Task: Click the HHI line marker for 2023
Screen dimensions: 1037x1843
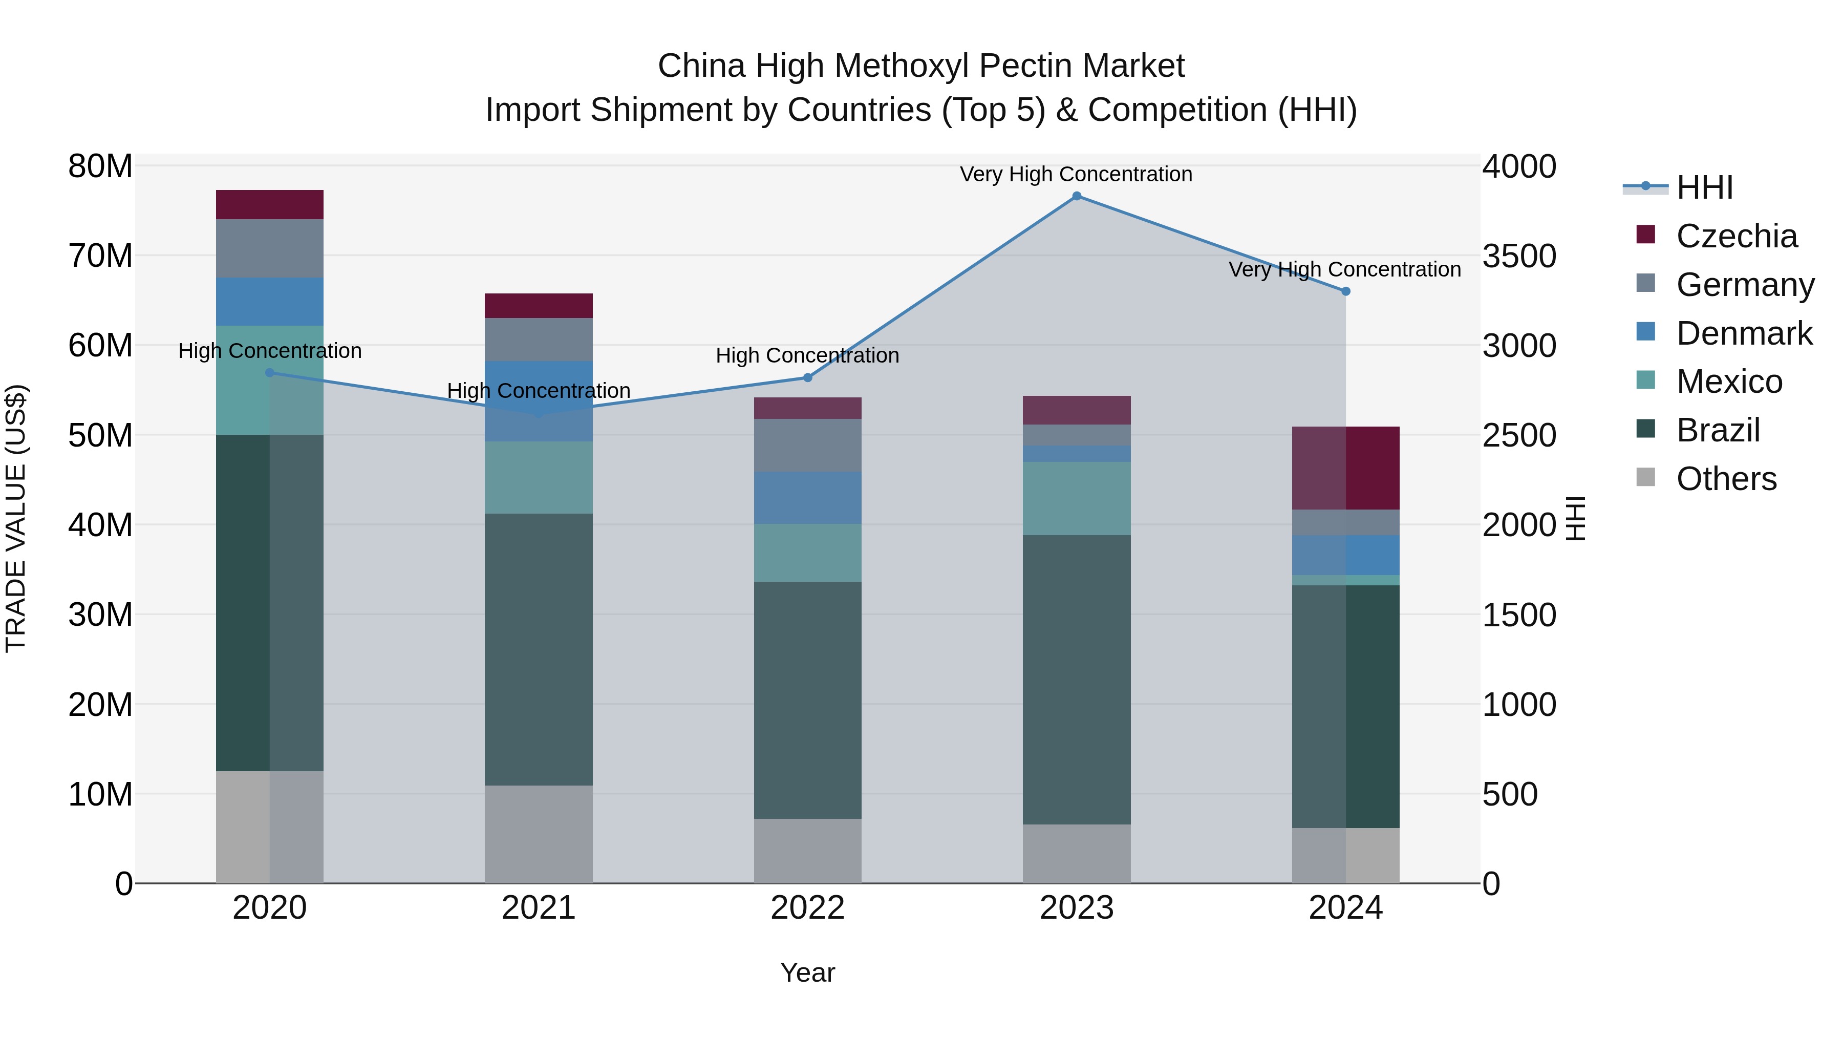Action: click(1077, 196)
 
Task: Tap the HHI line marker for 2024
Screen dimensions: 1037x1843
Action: click(1346, 291)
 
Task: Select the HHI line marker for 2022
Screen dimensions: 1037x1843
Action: click(808, 378)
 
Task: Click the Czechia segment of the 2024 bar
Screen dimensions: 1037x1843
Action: click(1346, 468)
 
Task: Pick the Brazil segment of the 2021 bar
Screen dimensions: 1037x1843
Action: click(539, 649)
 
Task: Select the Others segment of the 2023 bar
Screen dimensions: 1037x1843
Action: click(1077, 853)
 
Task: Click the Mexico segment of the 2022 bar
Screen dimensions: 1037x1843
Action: click(808, 553)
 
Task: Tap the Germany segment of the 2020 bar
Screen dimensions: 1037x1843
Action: click(270, 248)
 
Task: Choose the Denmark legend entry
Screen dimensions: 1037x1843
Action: click(1744, 333)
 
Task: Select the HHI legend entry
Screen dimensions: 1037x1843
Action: click(1704, 188)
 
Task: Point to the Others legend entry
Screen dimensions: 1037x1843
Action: click(1726, 479)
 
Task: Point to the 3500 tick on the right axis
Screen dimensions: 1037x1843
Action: click(1519, 256)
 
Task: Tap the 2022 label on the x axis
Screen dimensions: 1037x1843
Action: click(808, 908)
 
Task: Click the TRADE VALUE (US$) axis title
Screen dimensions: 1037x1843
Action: click(16, 518)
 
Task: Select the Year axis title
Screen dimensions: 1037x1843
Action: click(808, 972)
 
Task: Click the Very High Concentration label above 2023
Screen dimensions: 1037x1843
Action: click(1076, 174)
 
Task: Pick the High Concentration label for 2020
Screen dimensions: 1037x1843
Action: click(270, 351)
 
